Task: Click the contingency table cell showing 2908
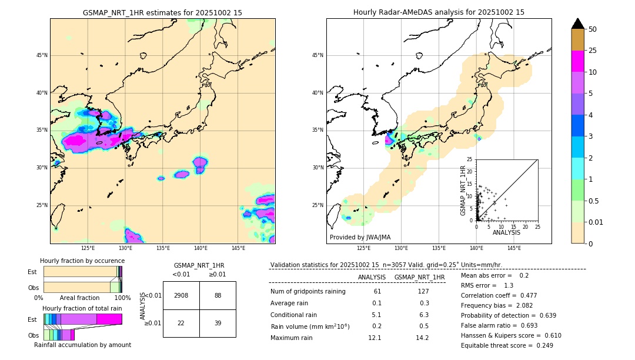click(181, 295)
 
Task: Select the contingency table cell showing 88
click(218, 295)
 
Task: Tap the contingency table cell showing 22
click(181, 324)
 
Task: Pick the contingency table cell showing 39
click(218, 324)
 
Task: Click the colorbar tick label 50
click(593, 29)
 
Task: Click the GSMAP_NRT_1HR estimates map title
click(162, 12)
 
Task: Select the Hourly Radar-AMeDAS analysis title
click(439, 12)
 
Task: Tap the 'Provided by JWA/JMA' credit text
click(360, 237)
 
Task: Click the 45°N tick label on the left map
click(42, 55)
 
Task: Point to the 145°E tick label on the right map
click(514, 248)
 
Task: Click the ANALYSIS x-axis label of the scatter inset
click(506, 233)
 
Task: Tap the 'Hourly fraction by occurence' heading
click(82, 261)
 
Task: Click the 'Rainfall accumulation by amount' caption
click(82, 345)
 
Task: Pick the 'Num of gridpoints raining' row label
click(308, 292)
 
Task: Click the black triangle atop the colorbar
click(578, 24)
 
